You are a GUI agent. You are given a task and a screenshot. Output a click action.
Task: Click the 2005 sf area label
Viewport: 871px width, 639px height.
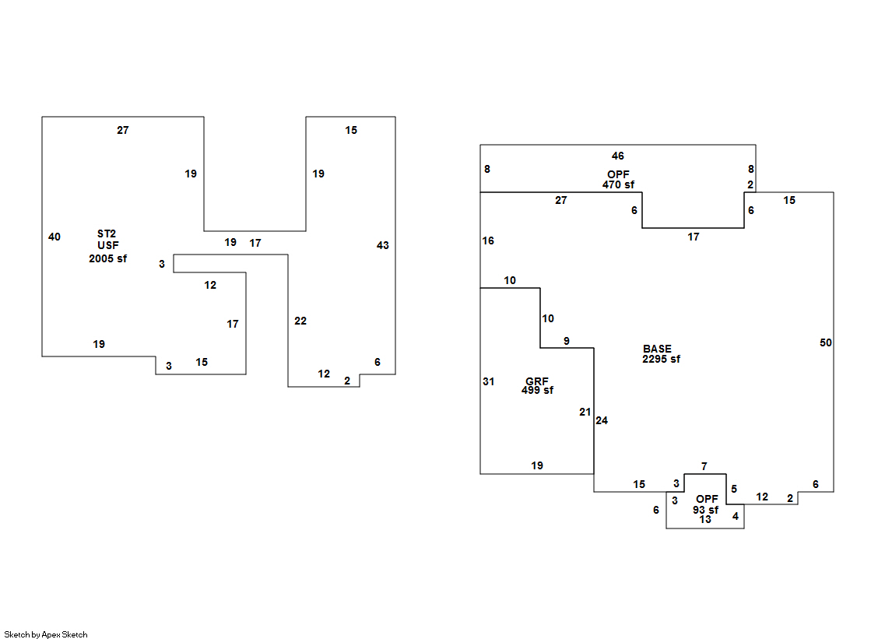pyautogui.click(x=107, y=258)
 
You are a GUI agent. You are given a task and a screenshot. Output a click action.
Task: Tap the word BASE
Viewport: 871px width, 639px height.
pyautogui.click(x=657, y=349)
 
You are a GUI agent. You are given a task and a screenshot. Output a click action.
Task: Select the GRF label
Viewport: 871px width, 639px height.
pyautogui.click(x=536, y=381)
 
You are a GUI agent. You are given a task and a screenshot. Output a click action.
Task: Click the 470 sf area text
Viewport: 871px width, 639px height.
pyautogui.click(x=618, y=184)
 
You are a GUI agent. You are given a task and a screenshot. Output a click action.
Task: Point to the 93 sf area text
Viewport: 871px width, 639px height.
pyautogui.click(x=705, y=510)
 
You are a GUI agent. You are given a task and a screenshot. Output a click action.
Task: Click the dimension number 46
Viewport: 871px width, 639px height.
pyautogui.click(x=618, y=156)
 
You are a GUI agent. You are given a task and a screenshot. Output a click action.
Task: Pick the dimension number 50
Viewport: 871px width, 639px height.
pyautogui.click(x=826, y=342)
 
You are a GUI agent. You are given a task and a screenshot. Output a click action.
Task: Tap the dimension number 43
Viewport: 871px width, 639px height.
pyautogui.click(x=383, y=245)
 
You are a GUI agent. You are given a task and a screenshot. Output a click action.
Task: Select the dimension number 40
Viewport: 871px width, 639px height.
pyautogui.click(x=54, y=237)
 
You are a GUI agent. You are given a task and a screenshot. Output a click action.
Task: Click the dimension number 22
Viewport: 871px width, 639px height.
pyautogui.click(x=300, y=321)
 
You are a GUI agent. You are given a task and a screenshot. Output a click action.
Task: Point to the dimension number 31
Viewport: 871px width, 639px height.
pyautogui.click(x=488, y=381)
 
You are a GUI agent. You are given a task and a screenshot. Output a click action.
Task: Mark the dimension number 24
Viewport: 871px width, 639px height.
pyautogui.click(x=602, y=420)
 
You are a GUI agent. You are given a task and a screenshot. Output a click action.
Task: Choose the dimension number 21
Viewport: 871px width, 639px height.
pyautogui.click(x=585, y=412)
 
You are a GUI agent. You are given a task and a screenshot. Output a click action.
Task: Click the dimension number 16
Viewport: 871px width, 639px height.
pyautogui.click(x=488, y=241)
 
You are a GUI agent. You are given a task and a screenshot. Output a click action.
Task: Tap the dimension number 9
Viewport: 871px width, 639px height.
pyautogui.click(x=567, y=341)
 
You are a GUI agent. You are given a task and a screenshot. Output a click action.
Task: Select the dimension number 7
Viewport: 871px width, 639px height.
pyautogui.click(x=704, y=466)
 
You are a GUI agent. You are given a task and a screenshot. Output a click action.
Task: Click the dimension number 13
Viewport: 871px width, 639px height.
pyautogui.click(x=705, y=520)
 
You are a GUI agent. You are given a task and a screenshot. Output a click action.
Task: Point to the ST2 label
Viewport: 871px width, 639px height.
pyautogui.click(x=107, y=233)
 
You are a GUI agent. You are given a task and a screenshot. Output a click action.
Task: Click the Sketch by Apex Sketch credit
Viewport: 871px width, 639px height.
pyautogui.click(x=46, y=634)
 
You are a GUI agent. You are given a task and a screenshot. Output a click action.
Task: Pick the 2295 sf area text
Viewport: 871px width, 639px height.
pyautogui.click(x=661, y=359)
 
